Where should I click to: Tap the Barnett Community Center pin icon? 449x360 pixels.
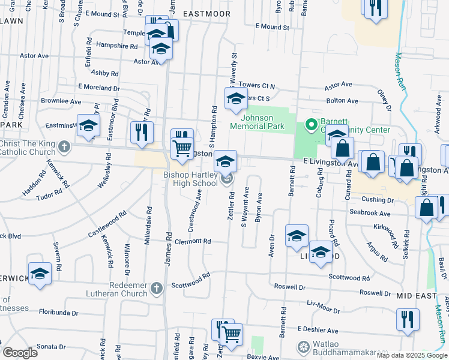click(x=311, y=125)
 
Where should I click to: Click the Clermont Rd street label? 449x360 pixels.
click(x=193, y=241)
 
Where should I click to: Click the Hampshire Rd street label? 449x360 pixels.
click(x=116, y=46)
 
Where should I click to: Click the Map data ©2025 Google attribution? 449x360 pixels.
click(x=412, y=355)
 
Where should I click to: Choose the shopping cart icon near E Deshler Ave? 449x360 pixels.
click(x=232, y=334)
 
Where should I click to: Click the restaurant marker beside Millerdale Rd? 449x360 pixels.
click(x=142, y=132)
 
